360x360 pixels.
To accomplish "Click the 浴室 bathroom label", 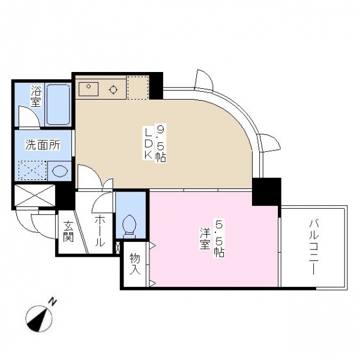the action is (36, 96).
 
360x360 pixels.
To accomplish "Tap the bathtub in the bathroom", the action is (58, 104).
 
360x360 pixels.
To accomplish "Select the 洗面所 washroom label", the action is (43, 145).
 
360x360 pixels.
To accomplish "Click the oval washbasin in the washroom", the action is (60, 171).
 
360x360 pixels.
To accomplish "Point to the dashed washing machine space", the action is (32, 170).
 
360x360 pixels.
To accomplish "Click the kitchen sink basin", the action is (88, 89).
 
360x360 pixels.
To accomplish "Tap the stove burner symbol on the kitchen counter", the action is (113, 89).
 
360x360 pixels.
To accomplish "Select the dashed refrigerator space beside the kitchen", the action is (137, 88).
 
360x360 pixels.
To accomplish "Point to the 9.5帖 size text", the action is (161, 143).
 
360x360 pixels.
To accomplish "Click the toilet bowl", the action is (130, 224).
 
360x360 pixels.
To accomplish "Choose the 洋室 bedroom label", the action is (205, 238).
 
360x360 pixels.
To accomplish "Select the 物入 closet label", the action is (135, 264).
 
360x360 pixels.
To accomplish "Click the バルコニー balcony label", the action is (314, 247).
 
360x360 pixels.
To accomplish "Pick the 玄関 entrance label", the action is (68, 231).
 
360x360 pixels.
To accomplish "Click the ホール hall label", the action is (100, 231).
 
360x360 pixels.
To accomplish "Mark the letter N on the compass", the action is (53, 302).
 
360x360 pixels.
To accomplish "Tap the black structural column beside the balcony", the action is (266, 192).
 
